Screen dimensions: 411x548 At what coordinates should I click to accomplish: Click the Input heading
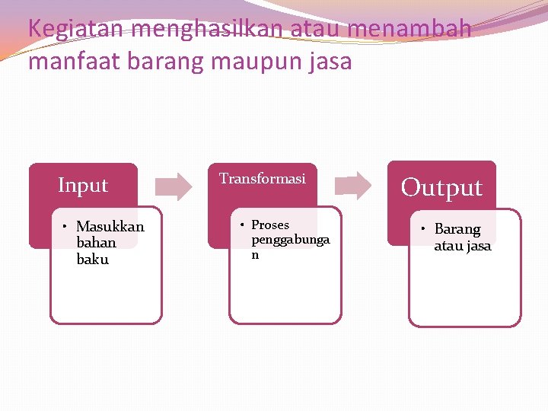point(83,185)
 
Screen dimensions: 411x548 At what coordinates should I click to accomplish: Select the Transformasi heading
point(263,178)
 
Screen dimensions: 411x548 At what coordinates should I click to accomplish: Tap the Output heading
point(441,187)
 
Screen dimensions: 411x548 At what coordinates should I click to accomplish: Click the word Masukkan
point(110,227)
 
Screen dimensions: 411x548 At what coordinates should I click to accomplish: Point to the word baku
point(93,260)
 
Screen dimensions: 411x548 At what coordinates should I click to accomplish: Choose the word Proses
point(270,225)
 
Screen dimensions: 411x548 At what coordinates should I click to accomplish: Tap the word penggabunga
point(291,241)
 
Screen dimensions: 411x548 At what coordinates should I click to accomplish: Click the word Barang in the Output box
point(457,229)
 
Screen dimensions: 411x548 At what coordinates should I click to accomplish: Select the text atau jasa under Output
point(463,246)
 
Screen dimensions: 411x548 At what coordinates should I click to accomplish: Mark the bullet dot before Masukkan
point(66,227)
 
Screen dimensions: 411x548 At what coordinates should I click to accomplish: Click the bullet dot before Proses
point(241,225)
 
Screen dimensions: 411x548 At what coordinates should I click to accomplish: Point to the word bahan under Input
point(97,243)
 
